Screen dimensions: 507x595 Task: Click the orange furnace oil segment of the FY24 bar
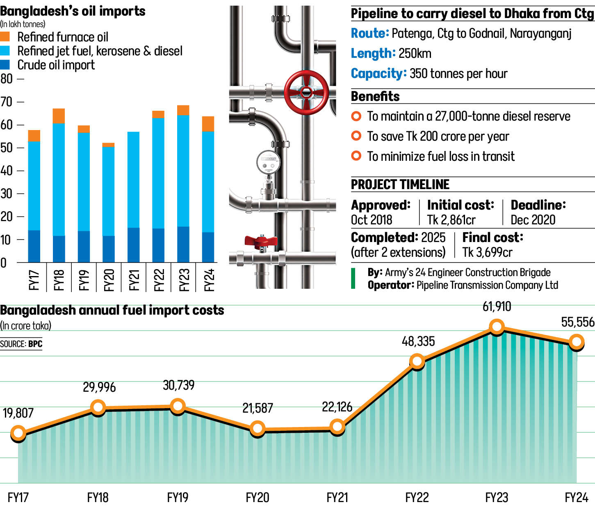[208, 124]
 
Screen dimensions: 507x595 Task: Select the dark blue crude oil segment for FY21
[133, 245]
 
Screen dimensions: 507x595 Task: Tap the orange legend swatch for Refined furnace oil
[5, 37]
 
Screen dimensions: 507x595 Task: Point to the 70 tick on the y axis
[7, 102]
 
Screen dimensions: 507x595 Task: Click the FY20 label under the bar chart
[109, 280]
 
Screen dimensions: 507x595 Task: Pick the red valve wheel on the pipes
[306, 92]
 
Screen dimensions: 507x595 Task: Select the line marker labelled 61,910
[497, 327]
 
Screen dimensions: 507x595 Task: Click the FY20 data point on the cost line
[258, 429]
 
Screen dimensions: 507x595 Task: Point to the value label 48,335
[418, 341]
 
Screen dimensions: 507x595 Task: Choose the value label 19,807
[18, 413]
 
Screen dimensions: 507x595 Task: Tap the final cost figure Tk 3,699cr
[487, 252]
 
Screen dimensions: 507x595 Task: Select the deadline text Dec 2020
[533, 220]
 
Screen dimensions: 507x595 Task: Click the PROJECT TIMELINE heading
[400, 185]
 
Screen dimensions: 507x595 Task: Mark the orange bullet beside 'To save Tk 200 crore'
[356, 136]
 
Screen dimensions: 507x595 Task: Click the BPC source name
[35, 344]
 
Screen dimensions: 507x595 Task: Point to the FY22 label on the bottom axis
[417, 498]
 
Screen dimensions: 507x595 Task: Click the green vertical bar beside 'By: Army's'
[353, 279]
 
